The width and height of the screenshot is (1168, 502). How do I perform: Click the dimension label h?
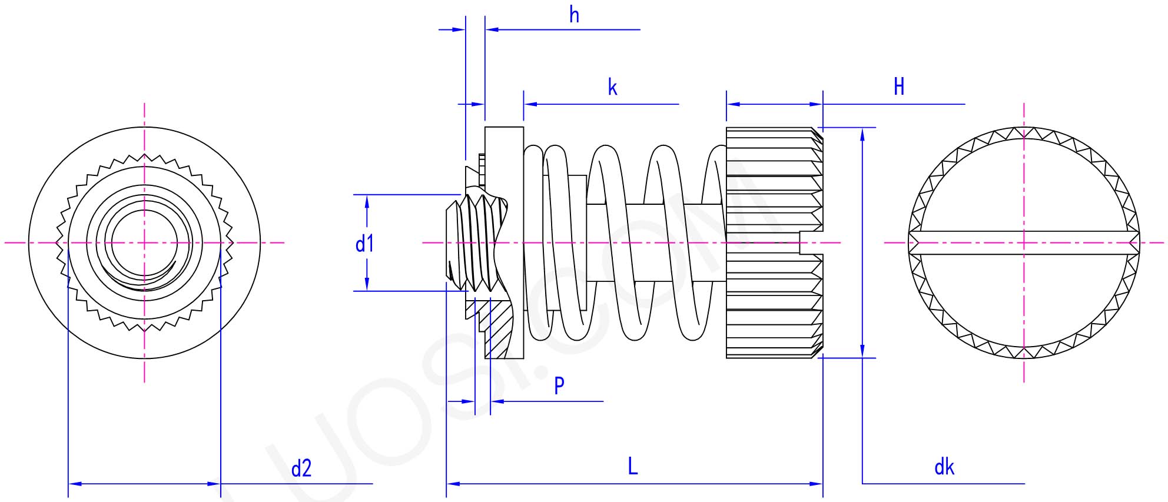[574, 15]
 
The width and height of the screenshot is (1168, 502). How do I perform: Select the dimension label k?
[612, 88]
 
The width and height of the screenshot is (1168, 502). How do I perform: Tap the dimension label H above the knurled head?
[898, 87]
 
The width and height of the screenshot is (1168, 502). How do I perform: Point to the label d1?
[364, 243]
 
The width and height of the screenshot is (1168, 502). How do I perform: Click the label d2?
[301, 468]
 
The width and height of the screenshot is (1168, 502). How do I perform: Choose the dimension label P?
[559, 386]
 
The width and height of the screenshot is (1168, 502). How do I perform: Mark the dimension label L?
[632, 467]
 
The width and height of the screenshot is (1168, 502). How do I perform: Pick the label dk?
[944, 467]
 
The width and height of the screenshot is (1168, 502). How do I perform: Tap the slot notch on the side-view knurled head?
[811, 242]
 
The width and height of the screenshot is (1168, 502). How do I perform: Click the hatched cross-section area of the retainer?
[497, 330]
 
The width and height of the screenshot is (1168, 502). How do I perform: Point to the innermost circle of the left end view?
[144, 242]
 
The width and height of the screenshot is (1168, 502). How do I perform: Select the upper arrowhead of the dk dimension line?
[862, 134]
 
